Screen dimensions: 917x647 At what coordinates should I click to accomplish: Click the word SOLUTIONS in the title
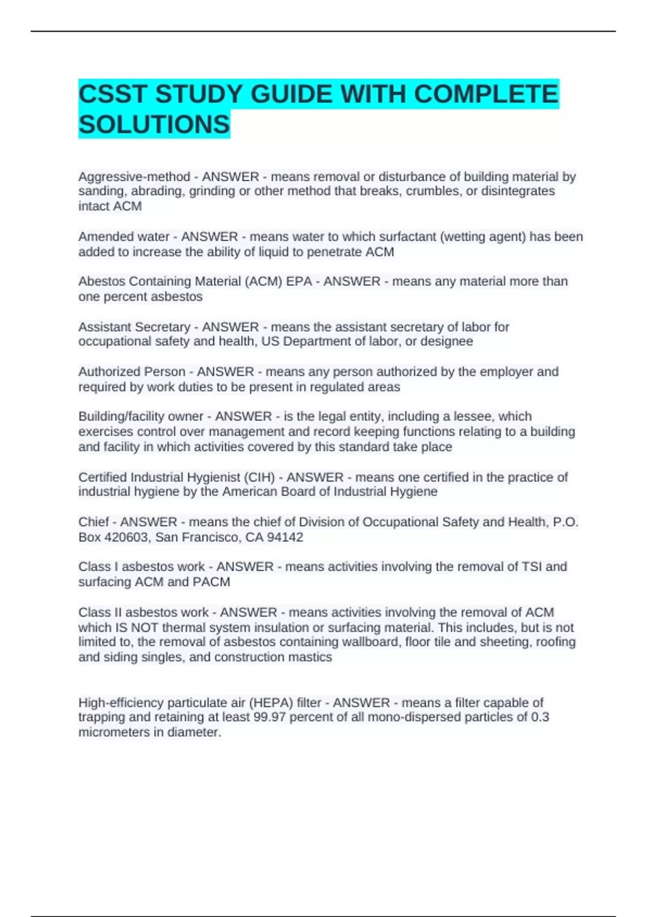(x=154, y=125)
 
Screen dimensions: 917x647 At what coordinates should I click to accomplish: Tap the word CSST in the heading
(x=113, y=94)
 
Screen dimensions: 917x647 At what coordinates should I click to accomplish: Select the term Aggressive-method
(x=134, y=177)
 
